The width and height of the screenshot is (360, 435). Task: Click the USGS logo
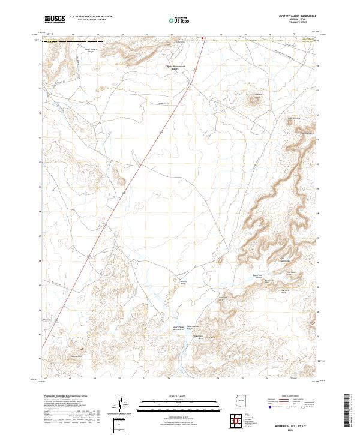click(x=55, y=20)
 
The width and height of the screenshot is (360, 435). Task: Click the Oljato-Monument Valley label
click(x=176, y=68)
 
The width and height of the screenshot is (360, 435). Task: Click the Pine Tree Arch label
click(x=222, y=298)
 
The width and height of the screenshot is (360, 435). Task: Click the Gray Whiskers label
click(x=308, y=118)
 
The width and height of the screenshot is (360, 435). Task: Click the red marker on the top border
click(x=203, y=40)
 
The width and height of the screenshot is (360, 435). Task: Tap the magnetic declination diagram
click(x=125, y=406)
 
